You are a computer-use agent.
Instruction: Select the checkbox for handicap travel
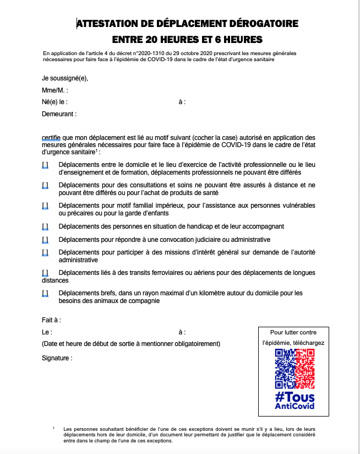pos(45,226)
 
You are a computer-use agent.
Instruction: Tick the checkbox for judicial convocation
pos(45,240)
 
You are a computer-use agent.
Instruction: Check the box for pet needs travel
pos(45,293)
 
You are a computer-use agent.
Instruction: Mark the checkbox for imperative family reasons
pos(45,206)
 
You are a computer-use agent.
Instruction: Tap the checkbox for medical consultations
pos(45,185)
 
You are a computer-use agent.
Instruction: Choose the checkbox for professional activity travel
pos(45,164)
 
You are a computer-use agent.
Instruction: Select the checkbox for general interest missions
pos(45,252)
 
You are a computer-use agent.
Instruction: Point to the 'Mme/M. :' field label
pos(54,90)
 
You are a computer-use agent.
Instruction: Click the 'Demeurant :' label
pos(59,114)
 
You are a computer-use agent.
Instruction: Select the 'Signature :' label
pos(57,358)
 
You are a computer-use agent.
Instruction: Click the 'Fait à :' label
pos(51,320)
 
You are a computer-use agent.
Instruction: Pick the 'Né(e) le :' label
pos(54,102)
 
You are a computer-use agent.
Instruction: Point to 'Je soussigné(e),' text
pos(65,78)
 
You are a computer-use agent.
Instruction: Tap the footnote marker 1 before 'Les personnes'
pos(54,428)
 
